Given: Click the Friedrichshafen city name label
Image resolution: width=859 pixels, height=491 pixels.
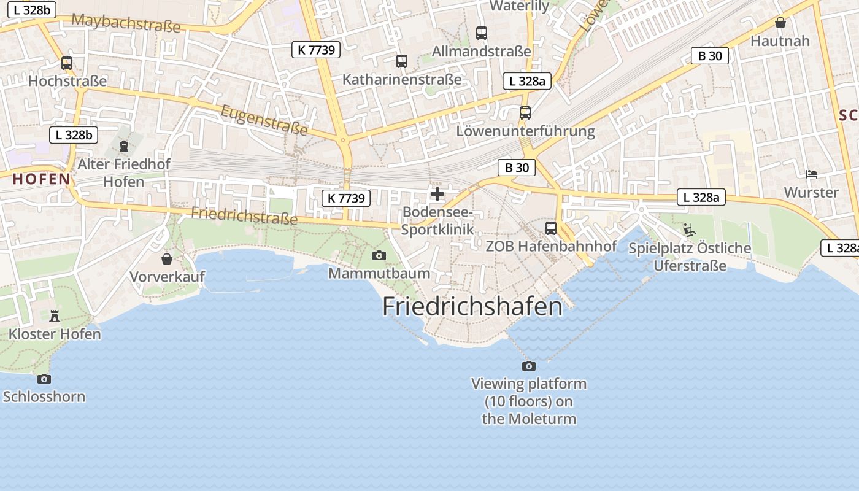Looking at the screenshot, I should click(472, 306).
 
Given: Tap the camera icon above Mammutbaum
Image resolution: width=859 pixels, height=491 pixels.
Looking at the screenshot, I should click(379, 255).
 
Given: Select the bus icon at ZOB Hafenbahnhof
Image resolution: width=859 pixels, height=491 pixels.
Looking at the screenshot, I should click(551, 228).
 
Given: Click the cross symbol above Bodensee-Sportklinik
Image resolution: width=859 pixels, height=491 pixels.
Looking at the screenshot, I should click(437, 195).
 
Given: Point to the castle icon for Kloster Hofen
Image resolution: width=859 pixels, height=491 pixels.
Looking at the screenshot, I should click(55, 316).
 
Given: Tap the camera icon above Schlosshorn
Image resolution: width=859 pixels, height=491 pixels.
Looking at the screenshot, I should click(44, 379).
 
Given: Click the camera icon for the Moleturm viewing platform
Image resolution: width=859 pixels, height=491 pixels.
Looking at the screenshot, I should click(528, 366).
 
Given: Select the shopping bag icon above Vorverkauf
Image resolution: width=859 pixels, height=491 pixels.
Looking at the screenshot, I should click(166, 258).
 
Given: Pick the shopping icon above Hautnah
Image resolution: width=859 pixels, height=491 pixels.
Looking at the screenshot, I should click(780, 23).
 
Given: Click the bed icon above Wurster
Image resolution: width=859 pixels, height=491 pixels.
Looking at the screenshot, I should click(811, 174).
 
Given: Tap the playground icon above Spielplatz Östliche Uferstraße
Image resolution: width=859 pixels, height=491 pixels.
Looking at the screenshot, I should click(690, 230).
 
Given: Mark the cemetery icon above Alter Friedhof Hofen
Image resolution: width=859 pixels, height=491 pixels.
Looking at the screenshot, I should click(124, 146).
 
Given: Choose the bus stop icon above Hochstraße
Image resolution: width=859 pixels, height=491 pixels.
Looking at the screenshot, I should click(67, 63).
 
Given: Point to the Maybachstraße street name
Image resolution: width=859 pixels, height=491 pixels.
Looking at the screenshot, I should click(126, 23).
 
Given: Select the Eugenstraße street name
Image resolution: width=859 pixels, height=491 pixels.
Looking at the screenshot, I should click(264, 120).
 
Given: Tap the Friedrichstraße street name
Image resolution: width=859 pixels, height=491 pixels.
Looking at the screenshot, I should click(244, 215).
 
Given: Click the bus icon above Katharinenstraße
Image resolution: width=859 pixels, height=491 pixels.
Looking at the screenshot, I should click(402, 61).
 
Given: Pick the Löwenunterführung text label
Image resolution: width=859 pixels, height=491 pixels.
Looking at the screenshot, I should click(525, 131).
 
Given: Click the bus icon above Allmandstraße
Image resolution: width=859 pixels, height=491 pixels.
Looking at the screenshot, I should click(482, 33).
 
